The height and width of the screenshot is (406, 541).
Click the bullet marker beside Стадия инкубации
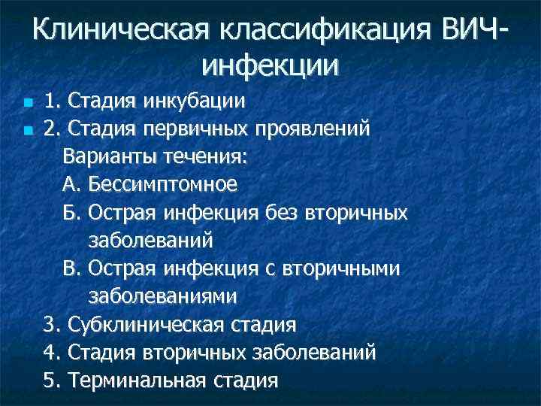(28, 101)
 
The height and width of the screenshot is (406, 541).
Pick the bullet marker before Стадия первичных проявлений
(28, 129)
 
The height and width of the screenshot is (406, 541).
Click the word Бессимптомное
(162, 184)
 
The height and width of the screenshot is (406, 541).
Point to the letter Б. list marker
(72, 213)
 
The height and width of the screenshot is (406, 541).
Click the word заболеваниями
(162, 296)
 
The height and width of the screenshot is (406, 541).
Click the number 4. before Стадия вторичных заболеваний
(53, 353)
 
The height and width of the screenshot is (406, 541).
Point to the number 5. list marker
(53, 380)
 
